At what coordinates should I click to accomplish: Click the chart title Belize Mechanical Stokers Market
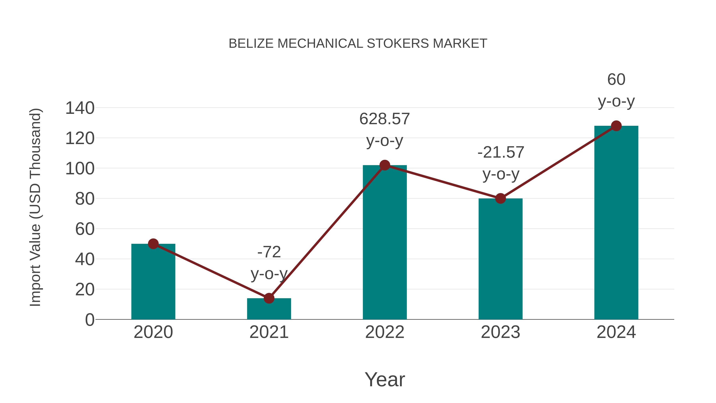358,44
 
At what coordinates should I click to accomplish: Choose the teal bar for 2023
500,260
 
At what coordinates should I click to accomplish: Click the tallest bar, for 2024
616,222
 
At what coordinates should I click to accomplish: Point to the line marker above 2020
153,244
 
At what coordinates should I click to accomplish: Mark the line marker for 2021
269,298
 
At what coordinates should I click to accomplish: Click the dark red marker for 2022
385,165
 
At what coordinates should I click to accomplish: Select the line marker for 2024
616,126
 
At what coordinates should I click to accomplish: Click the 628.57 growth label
385,119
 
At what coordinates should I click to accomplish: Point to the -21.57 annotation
501,152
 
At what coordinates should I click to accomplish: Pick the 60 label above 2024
616,80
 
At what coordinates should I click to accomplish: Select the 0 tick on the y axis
89,320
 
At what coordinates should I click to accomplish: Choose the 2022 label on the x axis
385,332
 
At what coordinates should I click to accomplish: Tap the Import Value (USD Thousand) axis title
35,207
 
